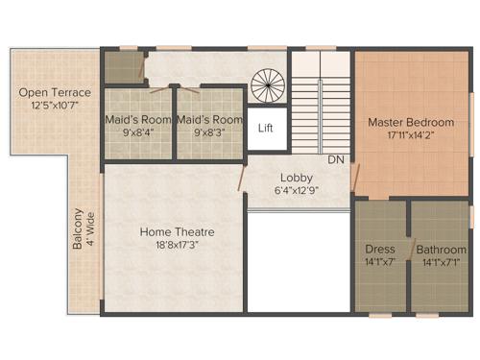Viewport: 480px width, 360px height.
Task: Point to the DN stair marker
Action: (x=336, y=158)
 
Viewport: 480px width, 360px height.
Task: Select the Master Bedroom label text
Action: (x=411, y=122)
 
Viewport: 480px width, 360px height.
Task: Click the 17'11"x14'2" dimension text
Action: (x=411, y=136)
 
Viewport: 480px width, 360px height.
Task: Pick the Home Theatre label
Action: (x=177, y=232)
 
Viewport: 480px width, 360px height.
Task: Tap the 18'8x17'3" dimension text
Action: (x=177, y=246)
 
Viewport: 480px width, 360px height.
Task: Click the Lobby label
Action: (x=296, y=178)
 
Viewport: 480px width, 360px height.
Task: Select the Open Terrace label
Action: (x=55, y=92)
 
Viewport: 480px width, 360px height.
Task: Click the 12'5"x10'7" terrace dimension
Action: (x=55, y=105)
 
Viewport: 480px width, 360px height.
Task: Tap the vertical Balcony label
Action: (x=78, y=231)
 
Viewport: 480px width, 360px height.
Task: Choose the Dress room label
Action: (x=380, y=250)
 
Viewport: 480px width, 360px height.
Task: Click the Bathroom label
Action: (x=441, y=250)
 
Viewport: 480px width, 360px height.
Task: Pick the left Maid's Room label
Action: (x=138, y=120)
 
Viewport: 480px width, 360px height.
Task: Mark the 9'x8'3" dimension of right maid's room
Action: (x=209, y=133)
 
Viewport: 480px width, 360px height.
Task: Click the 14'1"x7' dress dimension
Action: (x=380, y=262)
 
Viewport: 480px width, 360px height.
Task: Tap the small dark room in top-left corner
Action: (x=123, y=67)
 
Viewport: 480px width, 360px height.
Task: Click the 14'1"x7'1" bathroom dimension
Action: (x=441, y=262)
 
